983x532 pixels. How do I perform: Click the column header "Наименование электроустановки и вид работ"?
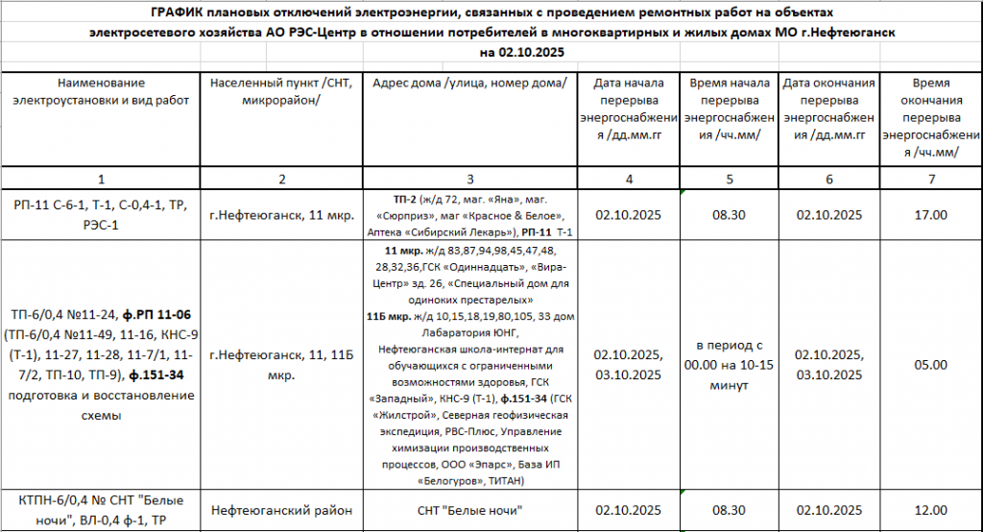coord(101,92)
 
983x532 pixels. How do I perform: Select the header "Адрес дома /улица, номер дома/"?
coord(469,84)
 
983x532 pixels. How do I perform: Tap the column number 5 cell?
coord(730,179)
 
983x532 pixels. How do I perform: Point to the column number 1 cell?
coord(101,179)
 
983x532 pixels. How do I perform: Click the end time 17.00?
coord(930,215)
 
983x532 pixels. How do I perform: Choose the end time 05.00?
coord(930,365)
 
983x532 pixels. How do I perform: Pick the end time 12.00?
coord(930,509)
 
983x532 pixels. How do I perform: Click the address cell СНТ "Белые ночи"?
coord(469,509)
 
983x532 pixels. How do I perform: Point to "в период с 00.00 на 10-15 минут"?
coord(730,365)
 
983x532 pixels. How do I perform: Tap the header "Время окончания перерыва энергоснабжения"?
coord(930,118)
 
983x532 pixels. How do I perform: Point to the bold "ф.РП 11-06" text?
coord(160,314)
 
